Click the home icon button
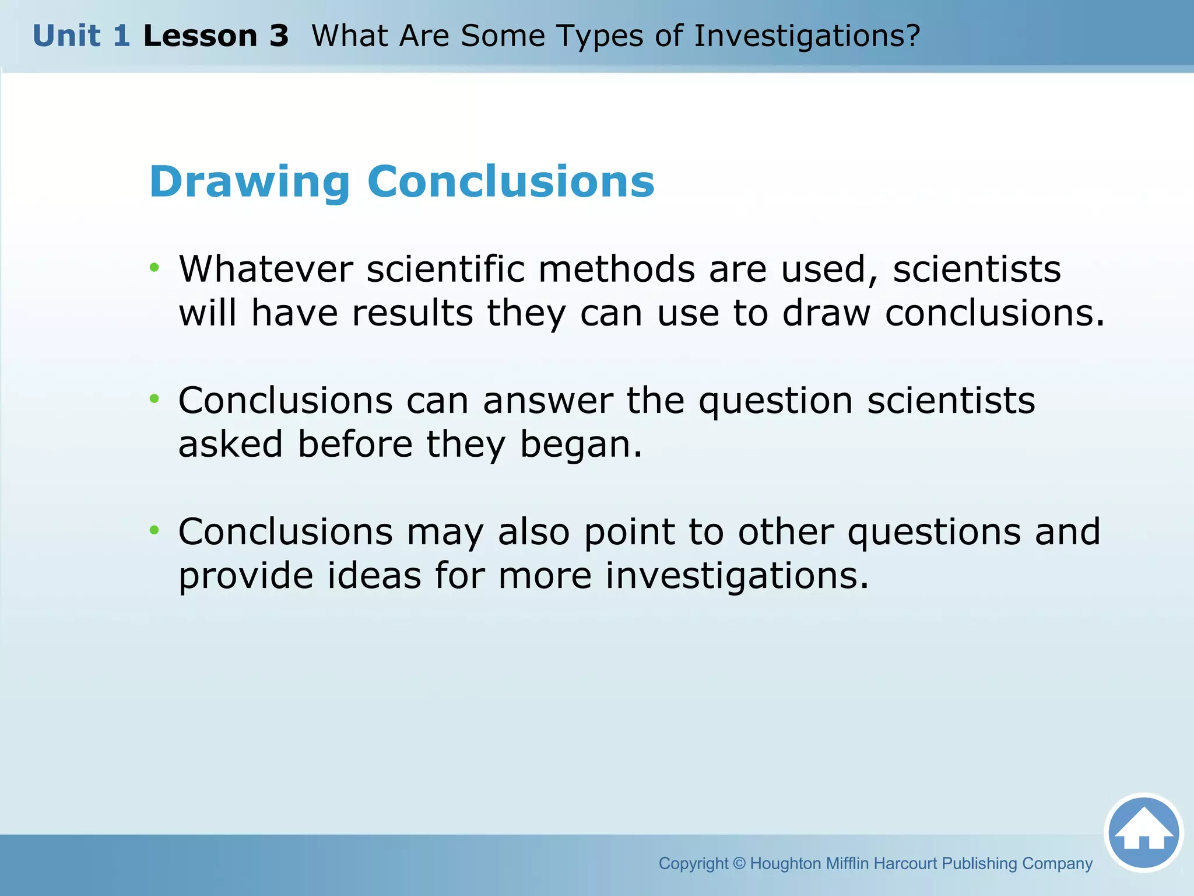pyautogui.click(x=1143, y=833)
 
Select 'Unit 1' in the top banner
pyautogui.click(x=81, y=36)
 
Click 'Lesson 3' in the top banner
pyautogui.click(x=216, y=36)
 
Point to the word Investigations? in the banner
pyautogui.click(x=807, y=36)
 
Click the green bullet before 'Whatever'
pyautogui.click(x=154, y=268)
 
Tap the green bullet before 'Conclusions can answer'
pyautogui.click(x=154, y=399)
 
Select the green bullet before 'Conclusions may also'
pyautogui.click(x=154, y=530)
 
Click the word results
pyautogui.click(x=412, y=313)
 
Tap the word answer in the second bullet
pyautogui.click(x=547, y=401)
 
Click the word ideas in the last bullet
pyautogui.click(x=374, y=576)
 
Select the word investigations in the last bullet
pyautogui.click(x=736, y=576)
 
